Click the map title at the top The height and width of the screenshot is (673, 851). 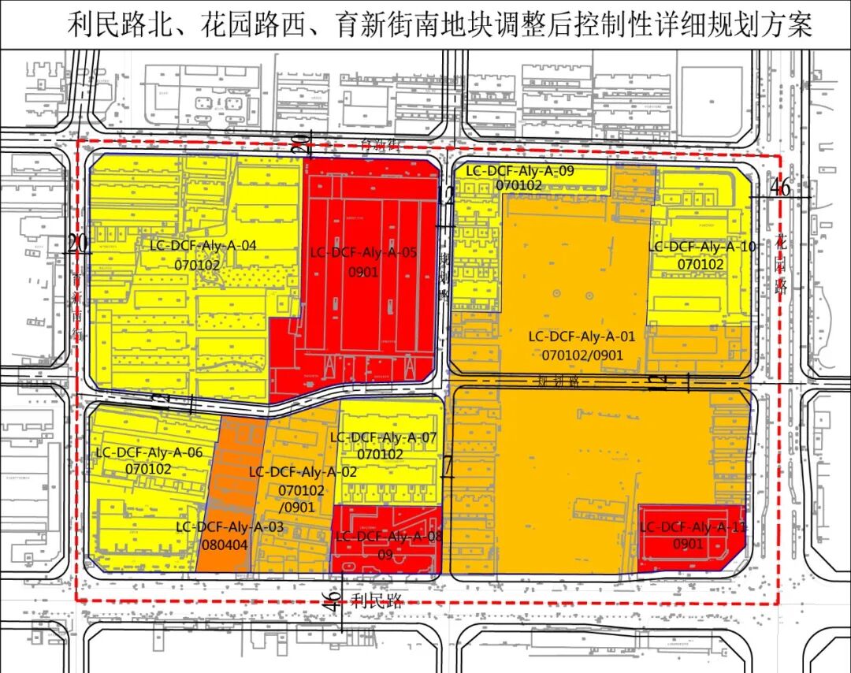coord(439,25)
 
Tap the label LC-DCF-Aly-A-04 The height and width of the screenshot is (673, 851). coord(203,245)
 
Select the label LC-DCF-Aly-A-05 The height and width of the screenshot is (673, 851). coord(363,253)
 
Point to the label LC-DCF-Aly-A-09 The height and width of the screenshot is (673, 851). coord(519,169)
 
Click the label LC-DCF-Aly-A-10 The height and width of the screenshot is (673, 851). coord(701,247)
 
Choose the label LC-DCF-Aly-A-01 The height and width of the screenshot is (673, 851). coord(582,336)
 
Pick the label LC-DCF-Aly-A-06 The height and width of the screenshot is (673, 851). coord(149,452)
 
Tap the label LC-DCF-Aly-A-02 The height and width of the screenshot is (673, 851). coord(303,472)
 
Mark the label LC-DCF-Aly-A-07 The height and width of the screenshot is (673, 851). coord(383,437)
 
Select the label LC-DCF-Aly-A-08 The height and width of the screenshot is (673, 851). coord(386,537)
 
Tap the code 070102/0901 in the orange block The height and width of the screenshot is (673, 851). coord(582,355)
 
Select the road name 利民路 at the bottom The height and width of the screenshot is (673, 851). coord(377,602)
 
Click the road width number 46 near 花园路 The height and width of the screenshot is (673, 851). coord(779,188)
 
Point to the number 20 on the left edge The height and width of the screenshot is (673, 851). coord(76,244)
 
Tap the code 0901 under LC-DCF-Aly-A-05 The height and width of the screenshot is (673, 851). coord(363,273)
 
